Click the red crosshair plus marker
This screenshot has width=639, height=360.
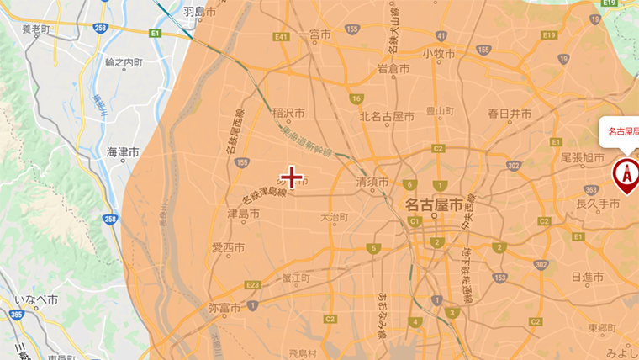point(291,177)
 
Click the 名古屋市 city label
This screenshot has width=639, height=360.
point(433,204)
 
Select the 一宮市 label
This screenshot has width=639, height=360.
point(315,34)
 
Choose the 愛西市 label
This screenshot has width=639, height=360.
point(227,247)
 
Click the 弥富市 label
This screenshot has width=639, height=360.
point(224,308)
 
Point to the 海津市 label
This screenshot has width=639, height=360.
point(123,151)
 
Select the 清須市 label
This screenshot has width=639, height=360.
point(372,182)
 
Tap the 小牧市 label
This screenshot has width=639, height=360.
point(439,53)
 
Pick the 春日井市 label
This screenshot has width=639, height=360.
point(510,114)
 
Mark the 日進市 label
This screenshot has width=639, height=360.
point(588,277)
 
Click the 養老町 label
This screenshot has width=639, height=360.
point(36,29)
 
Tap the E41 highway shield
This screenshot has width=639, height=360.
point(282,37)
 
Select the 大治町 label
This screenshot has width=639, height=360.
point(334,217)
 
